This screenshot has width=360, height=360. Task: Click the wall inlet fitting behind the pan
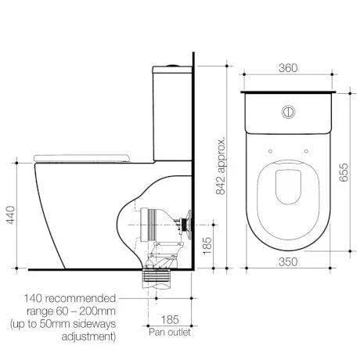pos(185,222)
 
